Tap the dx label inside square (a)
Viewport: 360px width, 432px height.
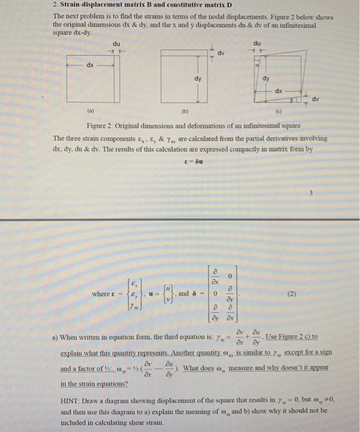[90, 64]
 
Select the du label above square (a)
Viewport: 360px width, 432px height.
[116, 43]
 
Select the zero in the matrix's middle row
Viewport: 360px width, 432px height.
[212, 294]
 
